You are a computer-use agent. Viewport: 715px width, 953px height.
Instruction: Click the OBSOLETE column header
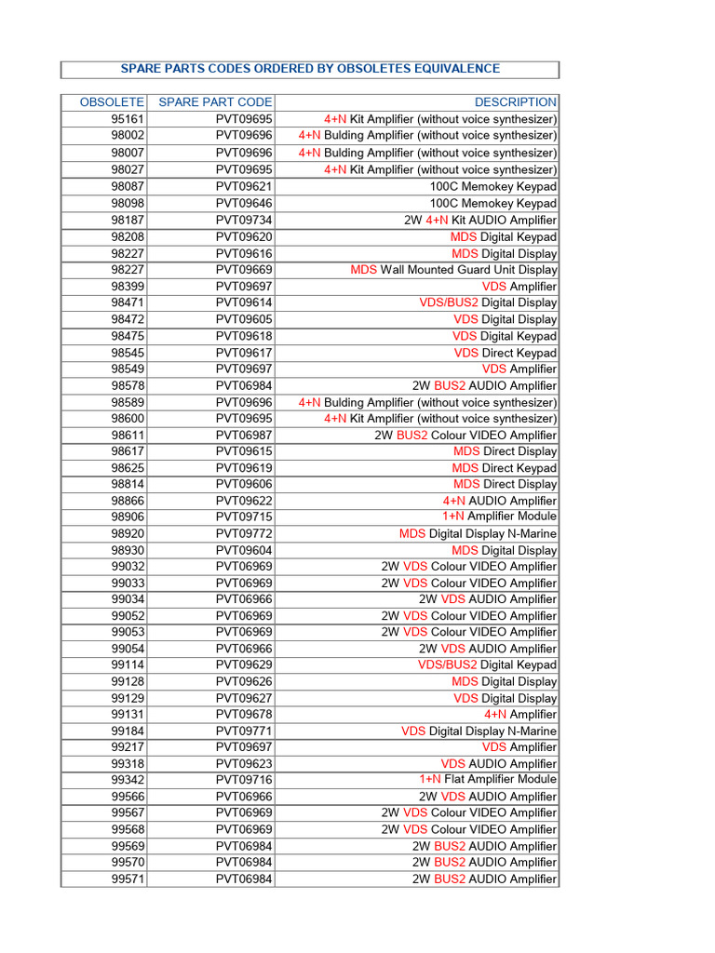pos(112,102)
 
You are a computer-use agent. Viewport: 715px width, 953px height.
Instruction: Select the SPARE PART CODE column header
pos(215,102)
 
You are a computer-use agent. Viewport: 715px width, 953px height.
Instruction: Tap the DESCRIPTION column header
pos(516,102)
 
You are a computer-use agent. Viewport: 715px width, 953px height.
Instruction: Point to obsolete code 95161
pos(128,119)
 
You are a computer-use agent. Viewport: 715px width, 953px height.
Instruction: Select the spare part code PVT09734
pos(244,221)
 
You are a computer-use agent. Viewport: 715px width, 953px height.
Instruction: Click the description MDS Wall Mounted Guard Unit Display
pos(453,270)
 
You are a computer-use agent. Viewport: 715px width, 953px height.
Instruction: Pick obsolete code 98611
pos(128,435)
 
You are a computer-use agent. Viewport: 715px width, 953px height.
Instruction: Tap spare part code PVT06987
pos(244,435)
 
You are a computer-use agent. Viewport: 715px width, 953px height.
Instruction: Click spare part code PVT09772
pos(244,533)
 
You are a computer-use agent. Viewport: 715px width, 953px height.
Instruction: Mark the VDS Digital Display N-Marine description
pos(479,732)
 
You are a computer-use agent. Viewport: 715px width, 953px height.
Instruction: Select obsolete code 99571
pos(128,879)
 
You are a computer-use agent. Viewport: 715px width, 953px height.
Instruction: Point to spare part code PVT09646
pos(244,203)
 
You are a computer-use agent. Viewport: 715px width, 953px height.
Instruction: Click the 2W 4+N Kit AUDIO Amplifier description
pos(480,221)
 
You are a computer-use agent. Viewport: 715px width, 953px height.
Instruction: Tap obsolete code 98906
pos(128,517)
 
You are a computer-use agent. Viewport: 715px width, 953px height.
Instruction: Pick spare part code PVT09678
pos(244,714)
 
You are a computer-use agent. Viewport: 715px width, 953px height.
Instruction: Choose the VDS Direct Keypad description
pos(506,353)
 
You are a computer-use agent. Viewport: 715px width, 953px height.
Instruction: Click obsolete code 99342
pos(128,779)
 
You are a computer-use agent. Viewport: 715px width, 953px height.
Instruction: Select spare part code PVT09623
pos(244,764)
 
